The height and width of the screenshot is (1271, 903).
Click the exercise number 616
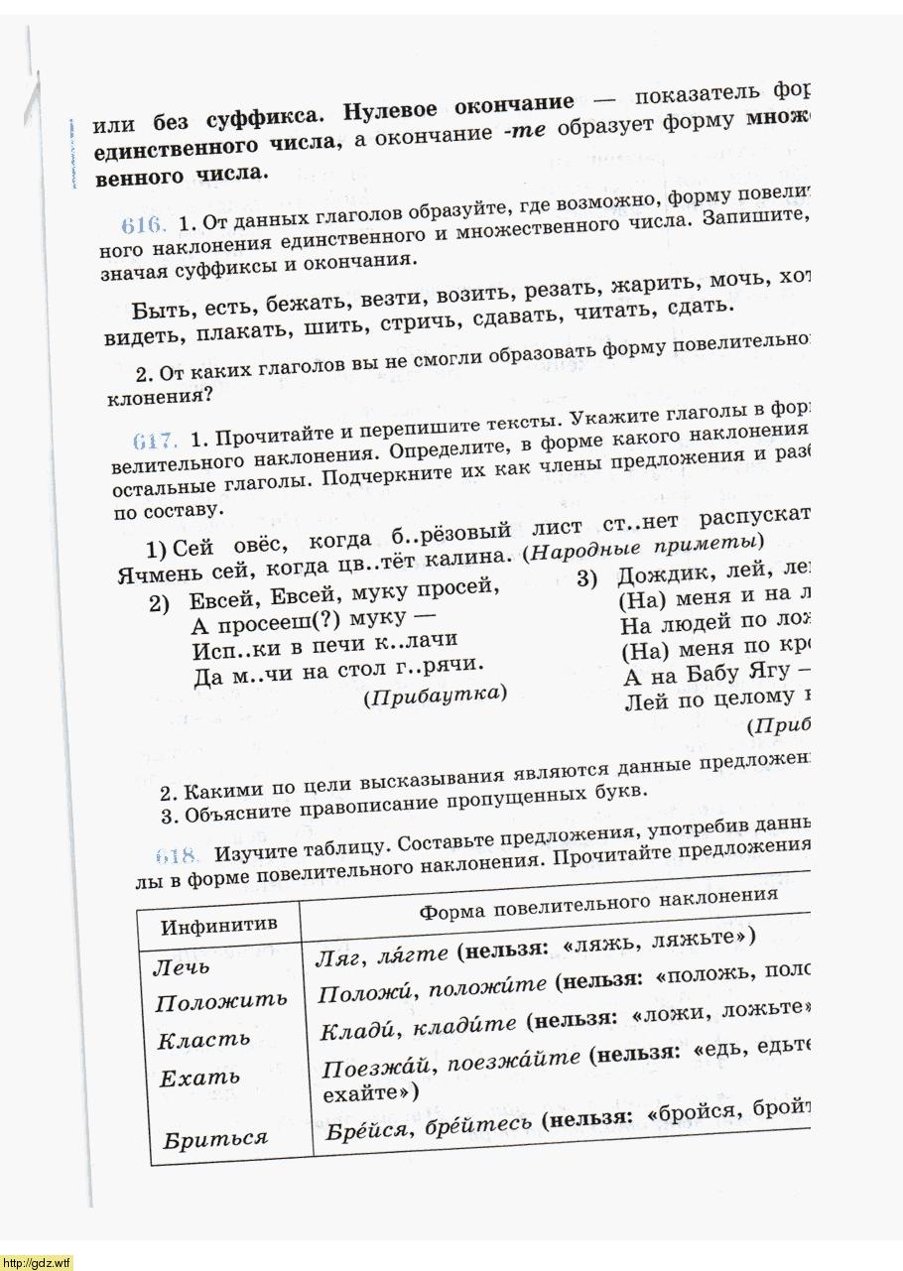(142, 224)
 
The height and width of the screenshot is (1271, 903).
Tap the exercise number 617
(153, 441)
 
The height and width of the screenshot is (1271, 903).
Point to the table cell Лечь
(182, 965)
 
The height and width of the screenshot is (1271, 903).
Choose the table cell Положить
(220, 1001)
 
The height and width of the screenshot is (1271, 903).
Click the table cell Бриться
(215, 1138)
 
